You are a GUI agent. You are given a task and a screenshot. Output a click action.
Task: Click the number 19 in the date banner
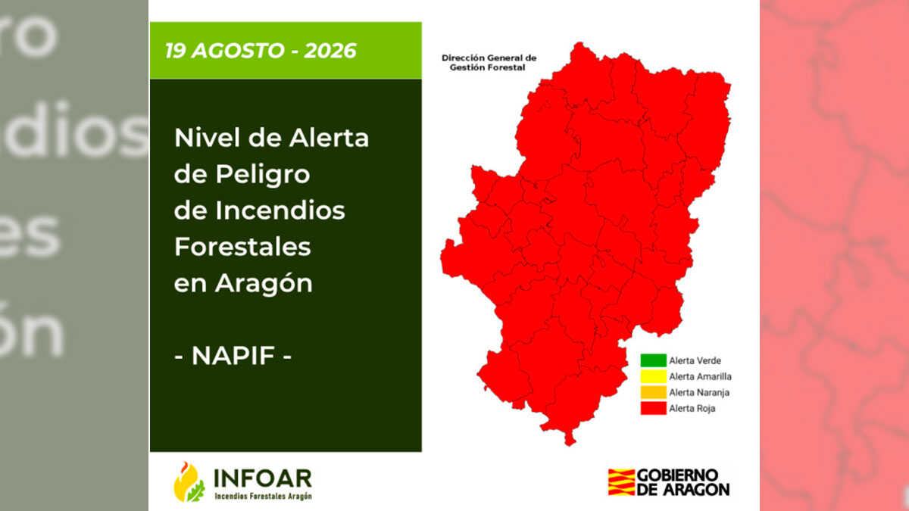175,51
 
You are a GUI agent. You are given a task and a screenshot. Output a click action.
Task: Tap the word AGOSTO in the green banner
238,51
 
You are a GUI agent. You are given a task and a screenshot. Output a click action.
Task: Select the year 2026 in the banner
330,51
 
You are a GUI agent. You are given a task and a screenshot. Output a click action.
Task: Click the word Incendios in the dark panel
280,210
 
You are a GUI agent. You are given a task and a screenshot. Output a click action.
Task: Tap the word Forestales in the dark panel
242,247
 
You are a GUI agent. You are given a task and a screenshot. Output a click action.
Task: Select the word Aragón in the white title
264,283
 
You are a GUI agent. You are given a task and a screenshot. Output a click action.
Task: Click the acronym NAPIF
233,356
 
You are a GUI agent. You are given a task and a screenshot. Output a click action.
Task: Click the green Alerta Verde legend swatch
653,360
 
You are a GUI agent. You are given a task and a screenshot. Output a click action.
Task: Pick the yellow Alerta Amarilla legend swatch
653,376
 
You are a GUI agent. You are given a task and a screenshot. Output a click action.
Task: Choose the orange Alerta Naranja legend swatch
653,392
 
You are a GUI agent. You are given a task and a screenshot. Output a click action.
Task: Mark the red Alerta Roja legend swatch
653,408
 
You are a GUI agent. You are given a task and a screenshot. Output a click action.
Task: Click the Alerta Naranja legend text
699,393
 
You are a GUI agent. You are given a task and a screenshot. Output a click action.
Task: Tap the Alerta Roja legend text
692,408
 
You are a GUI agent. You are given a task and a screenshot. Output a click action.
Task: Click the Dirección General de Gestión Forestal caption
489,63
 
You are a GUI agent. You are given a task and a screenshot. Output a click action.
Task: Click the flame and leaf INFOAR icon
189,482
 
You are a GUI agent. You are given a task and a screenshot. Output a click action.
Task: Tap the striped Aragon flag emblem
621,482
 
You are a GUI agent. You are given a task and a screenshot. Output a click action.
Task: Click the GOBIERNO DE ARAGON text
683,482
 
